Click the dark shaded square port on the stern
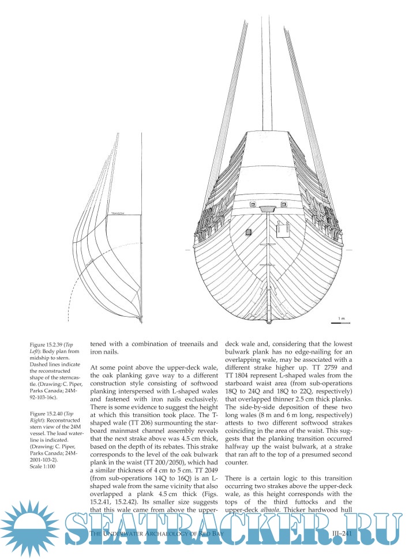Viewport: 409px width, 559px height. [249, 232]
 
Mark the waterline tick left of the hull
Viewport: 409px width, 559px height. [188, 250]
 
